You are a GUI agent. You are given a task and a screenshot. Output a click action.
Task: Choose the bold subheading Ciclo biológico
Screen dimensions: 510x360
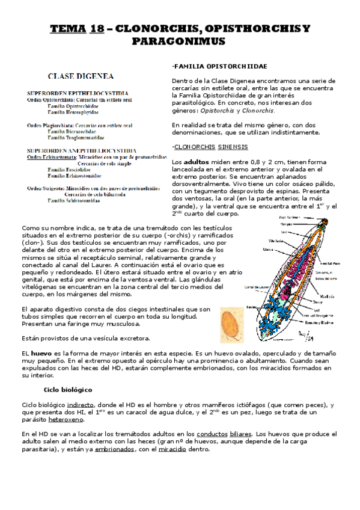click(67, 390)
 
